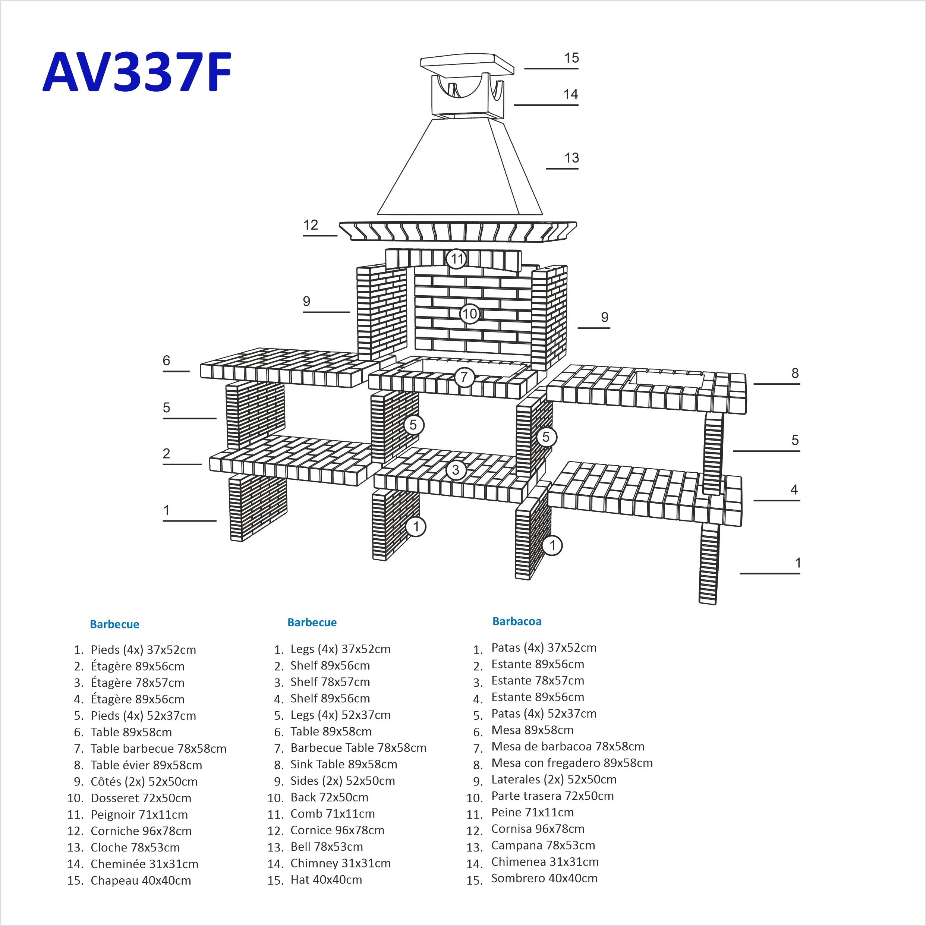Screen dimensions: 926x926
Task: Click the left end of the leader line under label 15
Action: tap(525, 69)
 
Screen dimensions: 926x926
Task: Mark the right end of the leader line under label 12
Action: tap(337, 235)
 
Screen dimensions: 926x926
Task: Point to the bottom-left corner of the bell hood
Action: tap(377, 214)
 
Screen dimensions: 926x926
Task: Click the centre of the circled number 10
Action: tap(470, 314)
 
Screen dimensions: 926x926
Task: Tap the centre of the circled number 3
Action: tap(455, 470)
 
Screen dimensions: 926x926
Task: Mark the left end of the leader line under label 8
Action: tap(753, 384)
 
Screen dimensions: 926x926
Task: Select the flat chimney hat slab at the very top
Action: tap(467, 65)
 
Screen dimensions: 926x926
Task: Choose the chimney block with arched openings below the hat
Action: tap(468, 96)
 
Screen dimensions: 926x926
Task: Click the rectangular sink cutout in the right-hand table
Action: tap(667, 379)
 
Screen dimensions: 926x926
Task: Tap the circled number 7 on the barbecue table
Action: tap(464, 377)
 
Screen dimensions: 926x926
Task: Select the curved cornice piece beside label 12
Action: tap(458, 231)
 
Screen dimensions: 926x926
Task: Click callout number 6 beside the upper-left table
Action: tap(166, 360)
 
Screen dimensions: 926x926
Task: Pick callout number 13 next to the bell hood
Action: tap(572, 158)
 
